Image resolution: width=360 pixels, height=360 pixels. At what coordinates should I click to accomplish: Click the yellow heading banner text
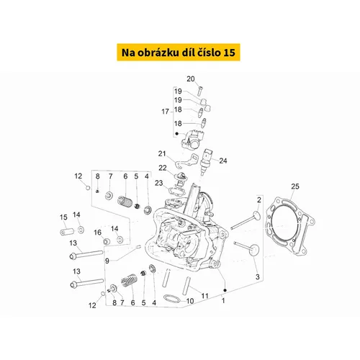coord(179,53)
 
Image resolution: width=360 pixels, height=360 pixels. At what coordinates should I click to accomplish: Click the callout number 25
coord(295,186)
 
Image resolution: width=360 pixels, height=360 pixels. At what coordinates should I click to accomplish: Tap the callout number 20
coord(191,78)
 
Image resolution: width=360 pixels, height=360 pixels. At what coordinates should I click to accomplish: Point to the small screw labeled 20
coord(200,91)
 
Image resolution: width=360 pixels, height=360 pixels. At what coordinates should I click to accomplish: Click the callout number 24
coord(223,161)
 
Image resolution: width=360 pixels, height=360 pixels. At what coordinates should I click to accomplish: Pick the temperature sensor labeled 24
coord(205,161)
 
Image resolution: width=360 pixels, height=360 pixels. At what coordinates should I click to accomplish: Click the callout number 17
coord(165,112)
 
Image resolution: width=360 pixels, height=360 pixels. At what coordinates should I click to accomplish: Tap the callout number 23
coord(159,183)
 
